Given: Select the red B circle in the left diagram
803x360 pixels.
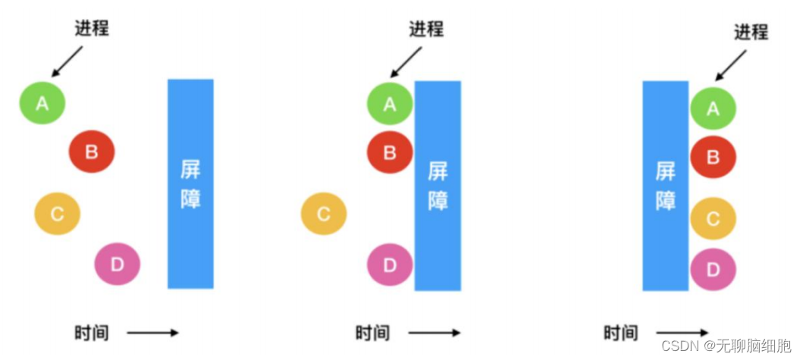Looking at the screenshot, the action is click(92, 152).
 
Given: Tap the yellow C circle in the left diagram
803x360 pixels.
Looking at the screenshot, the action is click(57, 214).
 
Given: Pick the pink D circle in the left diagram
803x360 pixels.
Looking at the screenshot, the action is click(118, 264).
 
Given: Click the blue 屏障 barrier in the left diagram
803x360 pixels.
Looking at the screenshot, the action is click(190, 183).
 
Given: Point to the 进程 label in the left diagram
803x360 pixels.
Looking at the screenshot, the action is click(92, 29).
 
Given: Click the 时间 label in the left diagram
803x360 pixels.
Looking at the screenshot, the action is click(91, 332).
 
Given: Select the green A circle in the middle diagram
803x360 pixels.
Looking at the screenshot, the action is click(390, 104).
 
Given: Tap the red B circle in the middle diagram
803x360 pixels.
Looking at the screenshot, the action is click(390, 152).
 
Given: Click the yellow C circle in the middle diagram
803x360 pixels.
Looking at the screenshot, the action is click(324, 214).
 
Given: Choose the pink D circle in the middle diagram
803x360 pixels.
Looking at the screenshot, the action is click(390, 265).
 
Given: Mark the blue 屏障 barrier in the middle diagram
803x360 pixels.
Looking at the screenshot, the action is click(438, 186).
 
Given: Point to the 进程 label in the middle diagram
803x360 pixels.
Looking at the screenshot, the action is click(426, 29).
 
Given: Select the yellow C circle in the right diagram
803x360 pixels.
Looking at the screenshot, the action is click(713, 218).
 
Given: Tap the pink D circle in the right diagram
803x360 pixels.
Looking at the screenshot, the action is click(713, 268).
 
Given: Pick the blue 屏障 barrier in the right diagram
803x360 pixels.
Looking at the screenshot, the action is click(665, 186).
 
